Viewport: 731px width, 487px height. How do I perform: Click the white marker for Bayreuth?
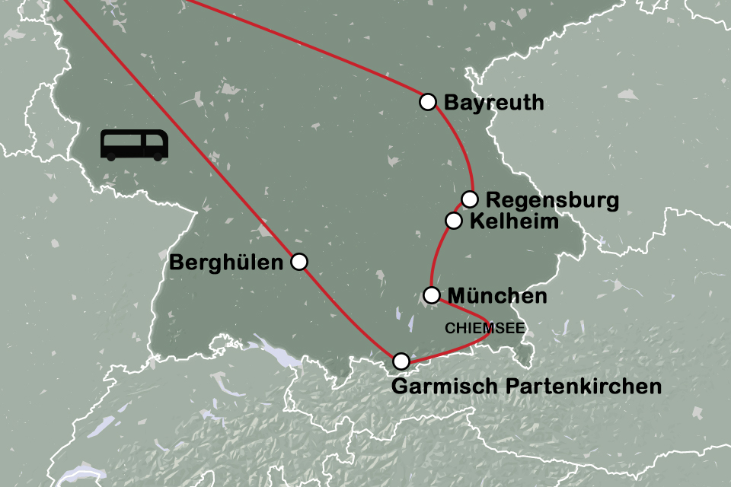pos(428,101)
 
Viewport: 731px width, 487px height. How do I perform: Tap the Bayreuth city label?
pos(493,102)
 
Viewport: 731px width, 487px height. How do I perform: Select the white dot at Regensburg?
pos(470,199)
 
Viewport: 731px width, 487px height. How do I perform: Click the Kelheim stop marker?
pos(453,221)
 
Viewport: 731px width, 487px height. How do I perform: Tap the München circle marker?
pos(432,294)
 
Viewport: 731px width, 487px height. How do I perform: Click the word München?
pos(497,296)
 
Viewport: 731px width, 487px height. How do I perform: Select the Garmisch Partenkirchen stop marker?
pos(401,361)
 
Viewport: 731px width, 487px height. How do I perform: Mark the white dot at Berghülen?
pos(299,262)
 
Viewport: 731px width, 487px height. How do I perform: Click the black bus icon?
pos(135,145)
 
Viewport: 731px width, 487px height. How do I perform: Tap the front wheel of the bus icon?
pos(158,157)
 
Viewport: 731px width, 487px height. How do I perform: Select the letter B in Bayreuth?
pos(450,102)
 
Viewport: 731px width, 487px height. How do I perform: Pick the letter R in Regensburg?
pos(493,201)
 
